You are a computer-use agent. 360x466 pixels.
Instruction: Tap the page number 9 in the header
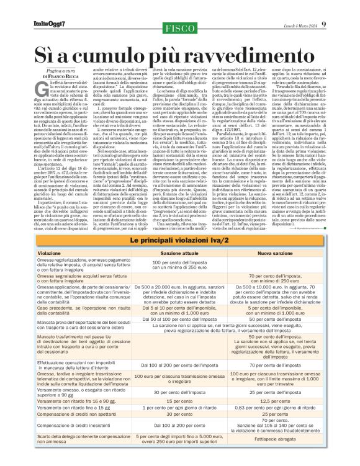click(350, 7)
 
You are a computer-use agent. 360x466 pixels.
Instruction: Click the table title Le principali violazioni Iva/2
click(180, 240)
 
